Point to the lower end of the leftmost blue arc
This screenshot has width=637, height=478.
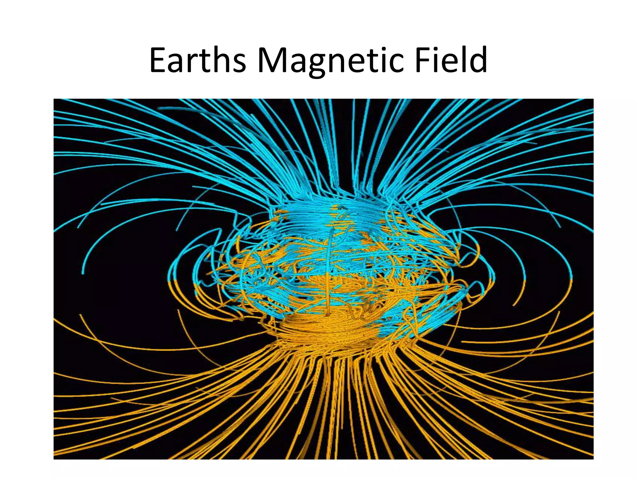click(x=83, y=273)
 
